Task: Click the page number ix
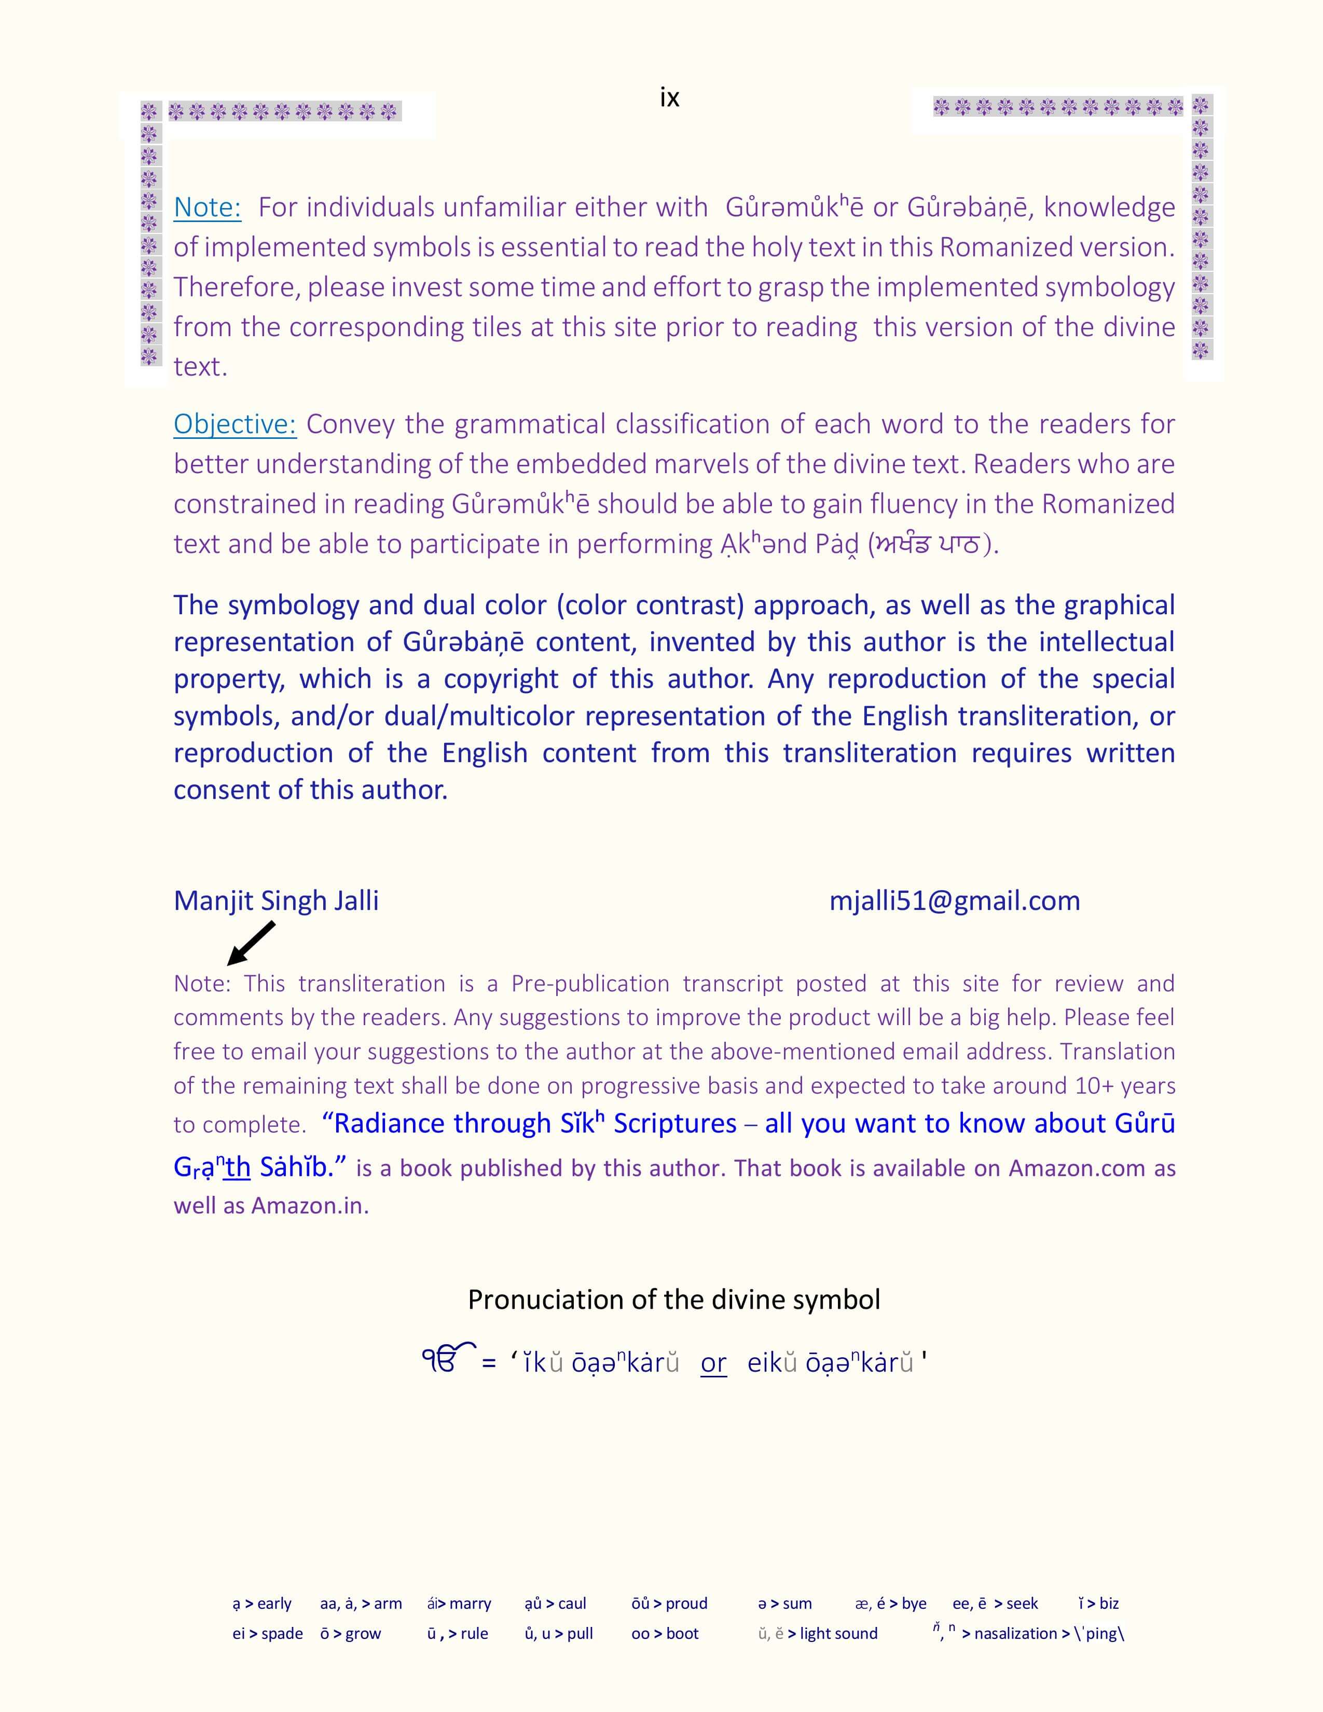(x=669, y=97)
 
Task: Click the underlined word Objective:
(x=235, y=424)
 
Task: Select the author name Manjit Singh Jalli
(x=276, y=901)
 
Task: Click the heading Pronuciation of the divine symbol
(x=673, y=1300)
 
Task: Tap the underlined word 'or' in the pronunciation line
(x=713, y=1363)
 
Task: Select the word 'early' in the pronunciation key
(x=274, y=1604)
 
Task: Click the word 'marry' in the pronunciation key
(x=470, y=1604)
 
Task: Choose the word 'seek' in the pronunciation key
(x=1022, y=1604)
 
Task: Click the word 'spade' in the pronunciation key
(x=282, y=1634)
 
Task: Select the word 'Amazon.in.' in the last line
(x=310, y=1205)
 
